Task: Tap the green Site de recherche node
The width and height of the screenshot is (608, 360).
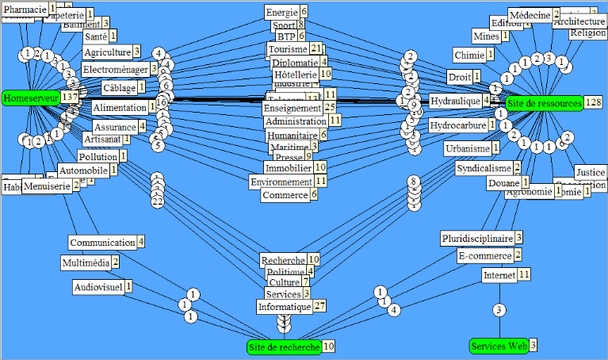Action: [284, 347]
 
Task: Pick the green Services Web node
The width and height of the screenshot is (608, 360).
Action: [499, 346]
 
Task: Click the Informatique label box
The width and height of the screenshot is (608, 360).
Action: [284, 306]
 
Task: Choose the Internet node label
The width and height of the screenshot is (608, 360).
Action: [499, 274]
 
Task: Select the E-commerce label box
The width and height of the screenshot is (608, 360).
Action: [484, 255]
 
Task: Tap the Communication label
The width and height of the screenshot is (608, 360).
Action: [101, 242]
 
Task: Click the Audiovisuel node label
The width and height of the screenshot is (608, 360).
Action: [98, 285]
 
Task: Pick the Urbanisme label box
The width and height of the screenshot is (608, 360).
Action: [467, 148]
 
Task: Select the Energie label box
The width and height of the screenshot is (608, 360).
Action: [281, 12]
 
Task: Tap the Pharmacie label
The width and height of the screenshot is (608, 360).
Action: [24, 10]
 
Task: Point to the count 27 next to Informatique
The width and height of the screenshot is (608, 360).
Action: [319, 306]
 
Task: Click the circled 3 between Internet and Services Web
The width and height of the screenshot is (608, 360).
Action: [499, 309]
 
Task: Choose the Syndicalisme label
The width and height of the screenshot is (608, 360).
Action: [484, 168]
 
